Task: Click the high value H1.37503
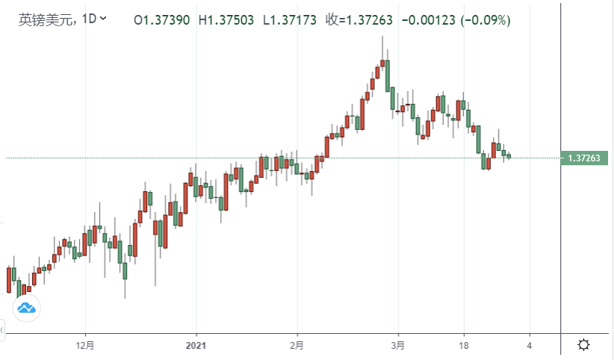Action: point(227,20)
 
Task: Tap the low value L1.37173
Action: point(291,20)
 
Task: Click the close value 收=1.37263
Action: point(360,20)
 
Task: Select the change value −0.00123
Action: point(428,20)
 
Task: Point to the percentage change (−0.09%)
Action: point(485,20)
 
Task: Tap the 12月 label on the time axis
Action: point(86,345)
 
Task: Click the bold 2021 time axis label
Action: point(196,345)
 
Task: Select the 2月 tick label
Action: point(297,345)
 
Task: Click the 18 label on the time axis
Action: point(463,345)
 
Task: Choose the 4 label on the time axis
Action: point(529,345)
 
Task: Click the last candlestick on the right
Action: point(509,156)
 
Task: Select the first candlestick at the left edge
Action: point(9,279)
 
